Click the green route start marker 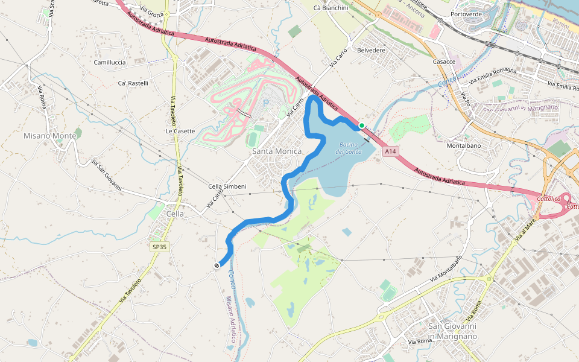tap(361, 125)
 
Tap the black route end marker tap(217, 265)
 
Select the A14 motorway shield tap(390, 153)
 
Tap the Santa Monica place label tap(277, 151)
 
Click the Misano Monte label tap(50, 136)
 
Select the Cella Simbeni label tap(227, 186)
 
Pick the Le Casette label tap(180, 131)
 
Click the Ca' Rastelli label tap(133, 83)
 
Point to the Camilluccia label tap(110, 62)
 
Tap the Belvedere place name tap(371, 50)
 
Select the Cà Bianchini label tap(331, 8)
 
